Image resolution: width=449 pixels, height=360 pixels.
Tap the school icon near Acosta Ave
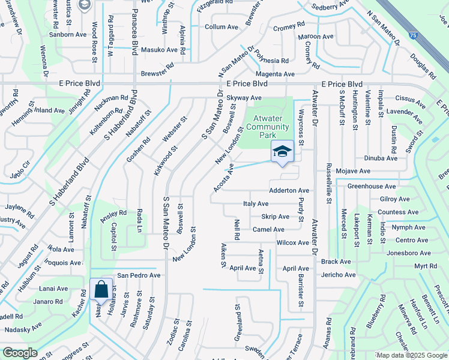(282, 152)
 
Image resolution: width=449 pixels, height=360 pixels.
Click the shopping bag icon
(101, 290)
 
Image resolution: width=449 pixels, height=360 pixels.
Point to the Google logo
(20, 353)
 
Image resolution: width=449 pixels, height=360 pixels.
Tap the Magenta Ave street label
(277, 74)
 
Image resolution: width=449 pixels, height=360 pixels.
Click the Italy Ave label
(256, 204)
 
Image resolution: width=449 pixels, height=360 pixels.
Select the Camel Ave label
(268, 229)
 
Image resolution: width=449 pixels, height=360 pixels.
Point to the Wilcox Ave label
(293, 242)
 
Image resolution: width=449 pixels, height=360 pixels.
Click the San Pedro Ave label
(139, 275)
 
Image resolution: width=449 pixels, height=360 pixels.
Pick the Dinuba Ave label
(381, 158)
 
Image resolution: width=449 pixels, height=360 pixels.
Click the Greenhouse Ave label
(370, 186)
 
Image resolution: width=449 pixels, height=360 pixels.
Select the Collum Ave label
(221, 27)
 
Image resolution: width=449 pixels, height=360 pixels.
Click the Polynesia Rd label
(271, 61)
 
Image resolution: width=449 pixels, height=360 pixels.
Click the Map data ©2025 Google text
(411, 355)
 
